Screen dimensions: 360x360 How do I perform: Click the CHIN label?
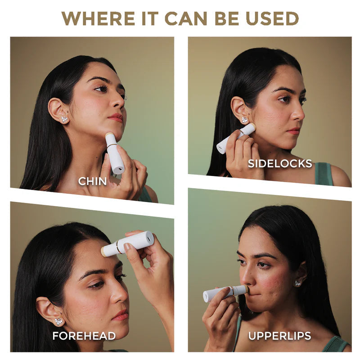92,181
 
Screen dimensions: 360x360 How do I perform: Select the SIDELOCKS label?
279,163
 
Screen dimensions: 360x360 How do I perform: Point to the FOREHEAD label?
84,336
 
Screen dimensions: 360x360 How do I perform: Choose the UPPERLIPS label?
279,336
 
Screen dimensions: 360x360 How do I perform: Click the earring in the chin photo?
64,119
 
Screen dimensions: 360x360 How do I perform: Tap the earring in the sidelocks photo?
244,120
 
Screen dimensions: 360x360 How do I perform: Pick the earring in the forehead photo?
58,322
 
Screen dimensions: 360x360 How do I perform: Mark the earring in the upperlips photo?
298,283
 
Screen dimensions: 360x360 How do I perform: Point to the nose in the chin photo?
120,102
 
